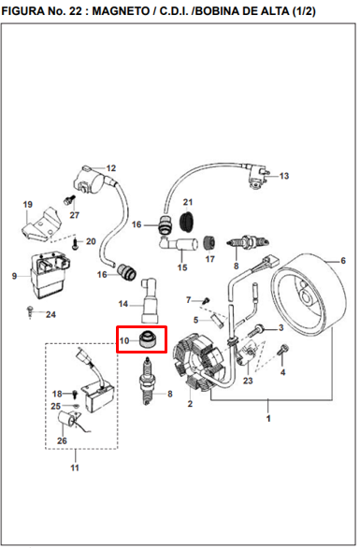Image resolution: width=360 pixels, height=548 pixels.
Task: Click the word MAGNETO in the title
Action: click(x=121, y=11)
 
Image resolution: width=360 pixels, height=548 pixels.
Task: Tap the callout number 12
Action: click(x=110, y=168)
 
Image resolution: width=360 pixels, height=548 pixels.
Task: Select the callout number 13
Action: click(x=284, y=176)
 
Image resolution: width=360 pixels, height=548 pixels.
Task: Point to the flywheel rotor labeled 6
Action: click(x=309, y=293)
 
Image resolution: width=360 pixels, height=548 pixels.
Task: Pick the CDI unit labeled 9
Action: click(x=50, y=275)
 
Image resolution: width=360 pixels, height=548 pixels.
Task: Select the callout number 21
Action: click(x=188, y=202)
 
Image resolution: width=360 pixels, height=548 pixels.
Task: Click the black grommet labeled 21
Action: click(x=188, y=221)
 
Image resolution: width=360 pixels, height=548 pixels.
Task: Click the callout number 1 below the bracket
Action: click(x=268, y=418)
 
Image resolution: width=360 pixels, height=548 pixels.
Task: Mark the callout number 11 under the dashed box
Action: click(x=75, y=468)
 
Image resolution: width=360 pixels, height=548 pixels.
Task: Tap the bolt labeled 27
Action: click(x=69, y=200)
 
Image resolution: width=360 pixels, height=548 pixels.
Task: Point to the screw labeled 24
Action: click(x=31, y=311)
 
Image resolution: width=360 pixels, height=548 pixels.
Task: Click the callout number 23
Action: click(x=248, y=381)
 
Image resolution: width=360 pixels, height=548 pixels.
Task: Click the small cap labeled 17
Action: click(x=209, y=243)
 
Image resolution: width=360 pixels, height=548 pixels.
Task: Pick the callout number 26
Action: click(x=62, y=440)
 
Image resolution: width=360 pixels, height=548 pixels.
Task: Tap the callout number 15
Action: click(x=182, y=267)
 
